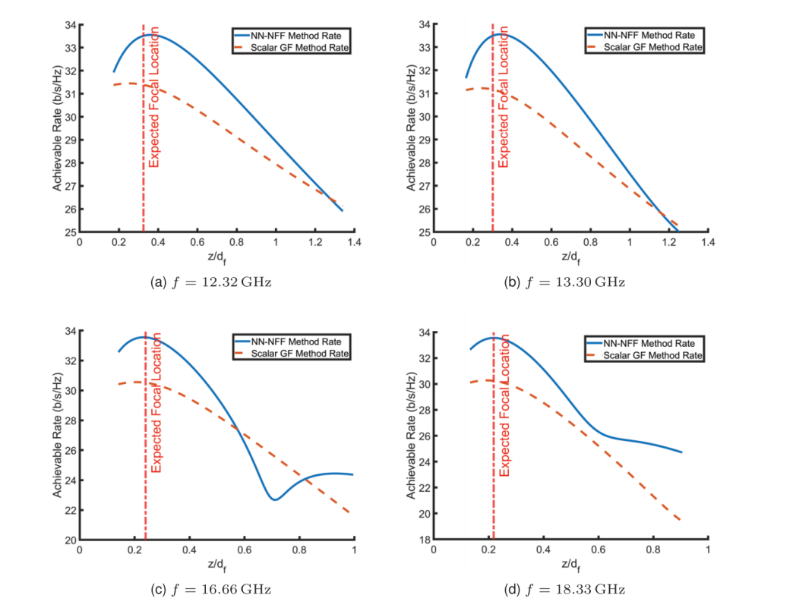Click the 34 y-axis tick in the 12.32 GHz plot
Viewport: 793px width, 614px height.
pos(69,25)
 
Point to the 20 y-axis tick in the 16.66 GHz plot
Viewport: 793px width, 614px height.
pos(69,540)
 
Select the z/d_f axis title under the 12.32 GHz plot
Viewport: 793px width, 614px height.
pos(216,257)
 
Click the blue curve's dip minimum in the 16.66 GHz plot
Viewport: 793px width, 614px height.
pos(274,499)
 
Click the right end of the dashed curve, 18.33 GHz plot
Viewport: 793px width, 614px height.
pos(681,521)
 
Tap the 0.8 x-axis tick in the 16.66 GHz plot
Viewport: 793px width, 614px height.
pos(299,549)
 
